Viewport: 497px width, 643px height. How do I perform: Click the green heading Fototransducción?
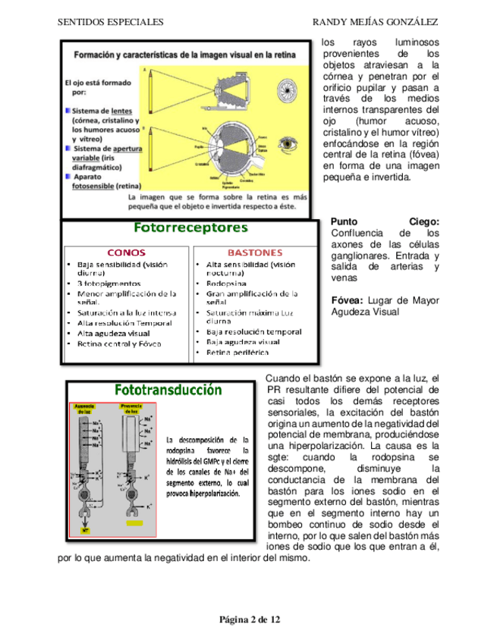point(168,391)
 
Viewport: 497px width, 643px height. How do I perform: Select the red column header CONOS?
point(127,252)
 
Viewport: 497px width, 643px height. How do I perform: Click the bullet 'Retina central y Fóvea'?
point(119,343)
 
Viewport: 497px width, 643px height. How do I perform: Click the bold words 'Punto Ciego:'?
point(385,221)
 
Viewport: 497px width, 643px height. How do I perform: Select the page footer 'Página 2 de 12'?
point(250,620)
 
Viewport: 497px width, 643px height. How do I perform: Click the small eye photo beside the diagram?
point(289,142)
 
